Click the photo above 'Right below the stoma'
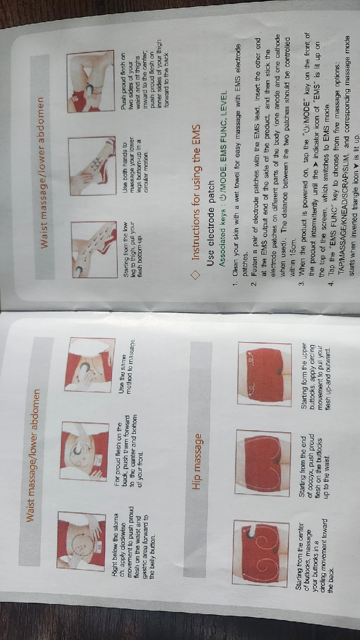click(81, 541)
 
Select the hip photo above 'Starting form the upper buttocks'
click(264, 374)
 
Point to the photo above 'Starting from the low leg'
click(94, 249)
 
